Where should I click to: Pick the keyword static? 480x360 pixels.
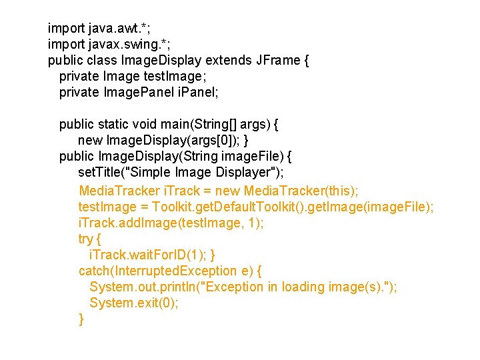point(114,125)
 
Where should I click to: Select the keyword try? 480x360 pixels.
point(86,239)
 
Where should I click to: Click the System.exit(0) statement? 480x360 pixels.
point(133,303)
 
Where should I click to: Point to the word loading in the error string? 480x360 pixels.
point(303,287)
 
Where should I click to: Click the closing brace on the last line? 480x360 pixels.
point(81,319)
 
